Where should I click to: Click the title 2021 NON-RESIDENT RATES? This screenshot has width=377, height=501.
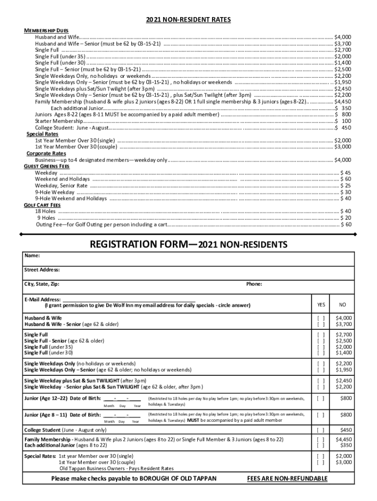(188, 20)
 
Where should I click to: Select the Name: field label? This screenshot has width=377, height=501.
(32, 255)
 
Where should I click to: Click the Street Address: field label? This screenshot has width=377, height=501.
(42, 270)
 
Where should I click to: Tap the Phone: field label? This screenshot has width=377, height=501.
(254, 284)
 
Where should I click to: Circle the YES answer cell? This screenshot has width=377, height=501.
(321, 305)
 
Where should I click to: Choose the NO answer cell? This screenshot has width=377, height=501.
(342, 305)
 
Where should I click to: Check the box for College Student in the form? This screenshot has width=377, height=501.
(321, 430)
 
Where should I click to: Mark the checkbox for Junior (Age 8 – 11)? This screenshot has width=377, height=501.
(321, 415)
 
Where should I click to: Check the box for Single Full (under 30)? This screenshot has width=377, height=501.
(321, 352)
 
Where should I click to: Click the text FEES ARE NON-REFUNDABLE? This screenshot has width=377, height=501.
(287, 478)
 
